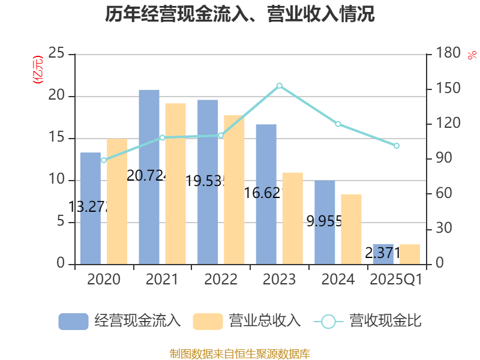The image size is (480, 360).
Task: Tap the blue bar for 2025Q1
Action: [383, 253]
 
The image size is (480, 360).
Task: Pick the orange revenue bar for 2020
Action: [117, 201]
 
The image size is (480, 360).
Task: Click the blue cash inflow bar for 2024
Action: [325, 222]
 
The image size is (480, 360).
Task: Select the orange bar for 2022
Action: [234, 189]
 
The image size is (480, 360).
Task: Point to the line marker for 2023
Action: [279, 86]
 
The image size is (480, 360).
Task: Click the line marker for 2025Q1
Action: [396, 146]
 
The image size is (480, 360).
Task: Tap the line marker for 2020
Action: [104, 160]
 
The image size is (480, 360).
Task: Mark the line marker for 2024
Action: [338, 124]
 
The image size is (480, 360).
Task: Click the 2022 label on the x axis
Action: [220, 280]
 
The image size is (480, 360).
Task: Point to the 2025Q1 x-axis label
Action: [396, 280]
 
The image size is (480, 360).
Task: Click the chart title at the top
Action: [240, 14]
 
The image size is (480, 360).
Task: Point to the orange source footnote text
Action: [240, 353]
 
